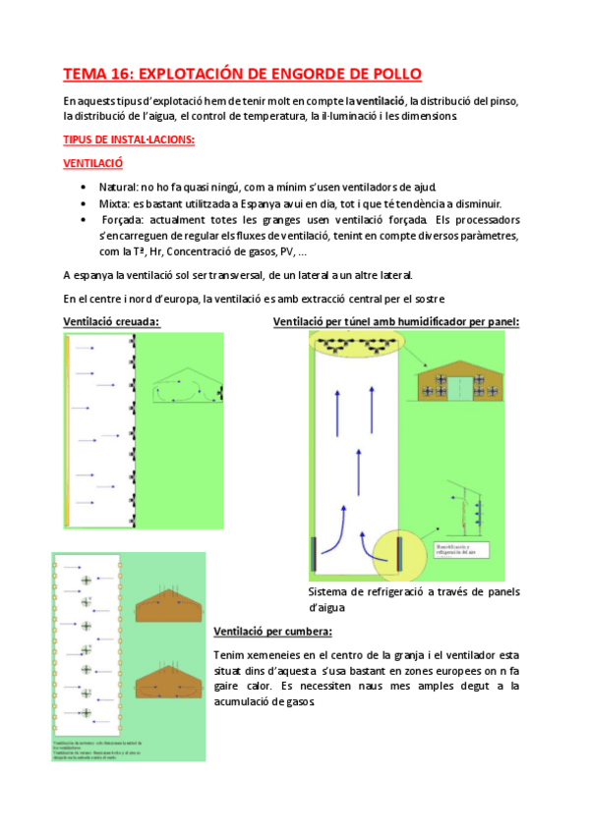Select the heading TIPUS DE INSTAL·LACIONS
pyautogui.click(x=129, y=140)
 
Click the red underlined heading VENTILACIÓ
pyautogui.click(x=92, y=164)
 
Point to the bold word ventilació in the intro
pyautogui.click(x=382, y=101)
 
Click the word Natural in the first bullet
pyautogui.click(x=118, y=187)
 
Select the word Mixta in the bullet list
pyautogui.click(x=115, y=202)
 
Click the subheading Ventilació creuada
pyautogui.click(x=112, y=321)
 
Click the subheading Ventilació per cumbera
pyautogui.click(x=272, y=631)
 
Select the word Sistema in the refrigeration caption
pyautogui.click(x=330, y=592)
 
